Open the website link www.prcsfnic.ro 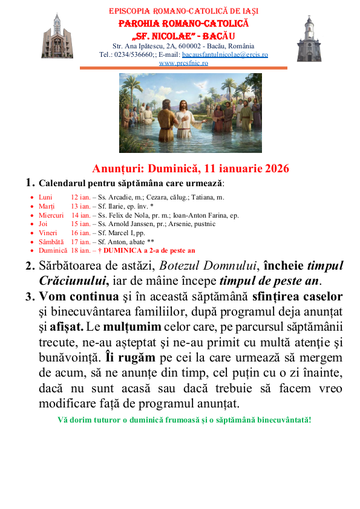[184, 62]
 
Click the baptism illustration [191, 112]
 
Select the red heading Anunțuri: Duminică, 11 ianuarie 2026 [191, 168]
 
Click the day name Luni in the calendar [45, 197]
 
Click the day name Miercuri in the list [51, 215]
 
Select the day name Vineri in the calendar [48, 232]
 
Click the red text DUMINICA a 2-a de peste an [151, 250]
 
